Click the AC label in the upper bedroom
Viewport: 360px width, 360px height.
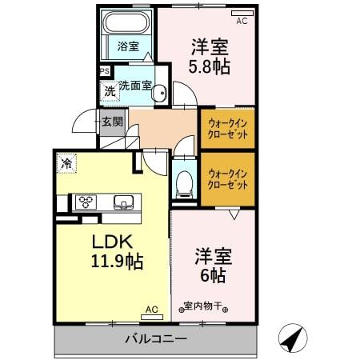(x=242, y=22)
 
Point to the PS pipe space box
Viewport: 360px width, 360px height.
(x=105, y=71)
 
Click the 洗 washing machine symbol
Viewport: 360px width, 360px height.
(x=109, y=90)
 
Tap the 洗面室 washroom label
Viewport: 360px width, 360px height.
(x=135, y=86)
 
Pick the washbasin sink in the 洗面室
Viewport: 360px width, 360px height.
(x=159, y=93)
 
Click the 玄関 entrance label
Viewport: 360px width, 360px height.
(x=112, y=122)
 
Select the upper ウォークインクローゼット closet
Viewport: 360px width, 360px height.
(x=227, y=129)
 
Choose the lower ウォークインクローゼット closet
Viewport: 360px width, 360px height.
(x=227, y=178)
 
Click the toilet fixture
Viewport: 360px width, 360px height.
(x=183, y=182)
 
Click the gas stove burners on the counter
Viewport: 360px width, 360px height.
(x=86, y=202)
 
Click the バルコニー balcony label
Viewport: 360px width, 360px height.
(x=155, y=338)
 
